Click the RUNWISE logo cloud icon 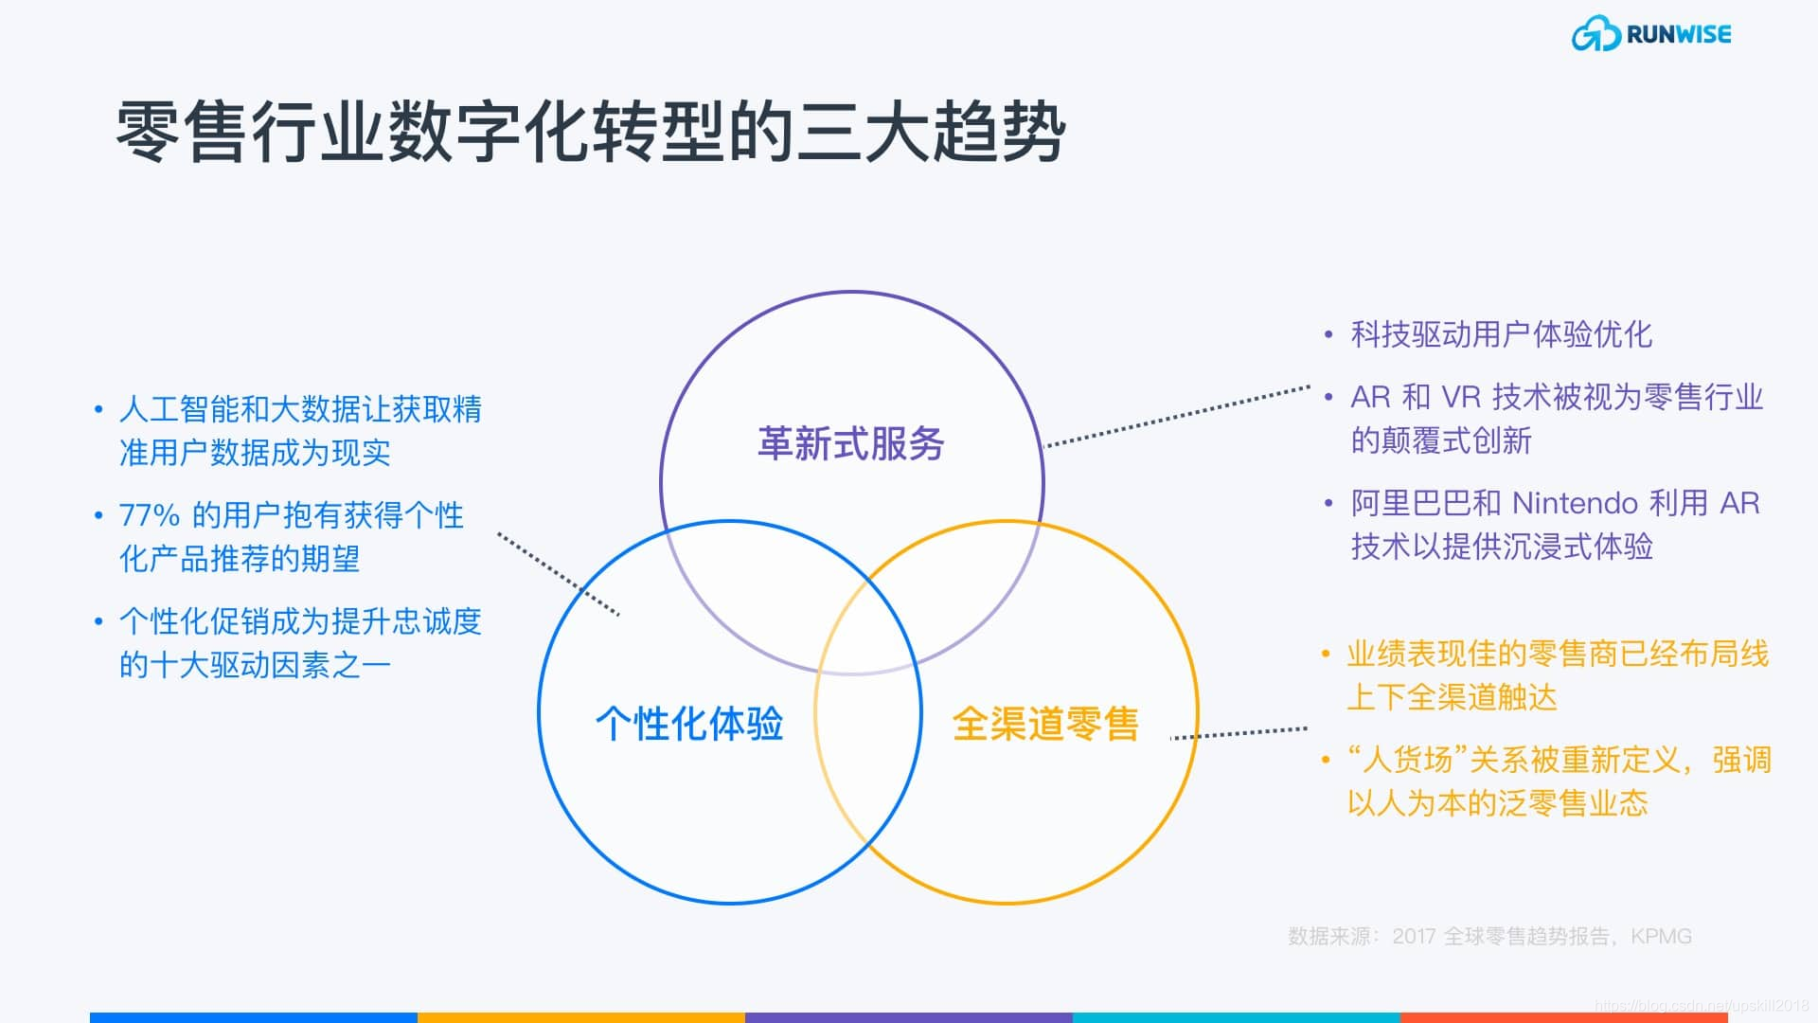1595,35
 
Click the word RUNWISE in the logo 1678,35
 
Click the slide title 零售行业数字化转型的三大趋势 591,133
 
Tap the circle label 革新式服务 850,444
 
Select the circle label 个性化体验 688,724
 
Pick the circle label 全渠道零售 1044,724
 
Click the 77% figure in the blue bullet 149,516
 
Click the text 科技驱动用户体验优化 1501,334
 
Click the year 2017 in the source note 1414,937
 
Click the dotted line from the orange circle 1239,733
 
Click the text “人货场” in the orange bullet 1407,760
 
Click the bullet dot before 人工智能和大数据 98,410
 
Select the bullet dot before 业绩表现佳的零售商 1327,655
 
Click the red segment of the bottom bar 1562,1017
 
